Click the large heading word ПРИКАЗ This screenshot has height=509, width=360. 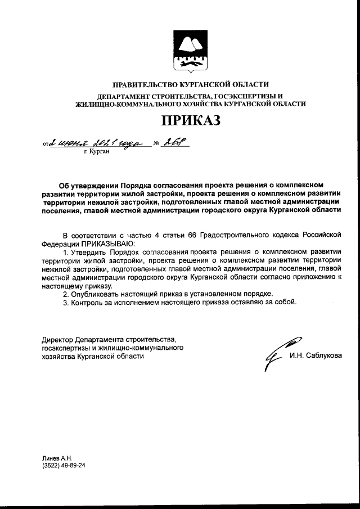coord(188,120)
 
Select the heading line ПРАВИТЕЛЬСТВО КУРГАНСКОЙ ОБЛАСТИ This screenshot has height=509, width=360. coord(187,85)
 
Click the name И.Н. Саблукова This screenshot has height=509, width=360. coord(316,355)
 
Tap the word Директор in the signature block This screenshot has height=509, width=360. coord(57,340)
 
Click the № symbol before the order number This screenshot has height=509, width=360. coord(157,144)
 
